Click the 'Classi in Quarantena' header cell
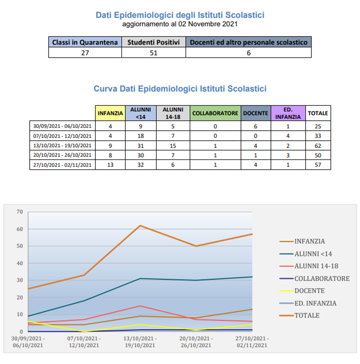(x=85, y=42)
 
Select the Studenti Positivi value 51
(x=153, y=52)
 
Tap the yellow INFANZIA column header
(x=110, y=113)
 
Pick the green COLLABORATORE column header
(x=215, y=113)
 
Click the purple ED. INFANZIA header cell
(x=288, y=113)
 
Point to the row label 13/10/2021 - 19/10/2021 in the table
(x=62, y=145)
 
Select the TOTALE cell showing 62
(x=318, y=145)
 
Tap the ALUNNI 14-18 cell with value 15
(x=173, y=145)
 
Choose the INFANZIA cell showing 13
(x=110, y=165)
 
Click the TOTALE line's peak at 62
(x=140, y=226)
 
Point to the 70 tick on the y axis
(x=19, y=212)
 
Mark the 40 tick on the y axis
(x=19, y=263)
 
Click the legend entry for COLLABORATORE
(x=322, y=278)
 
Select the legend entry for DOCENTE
(x=310, y=291)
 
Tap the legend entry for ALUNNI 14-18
(x=316, y=266)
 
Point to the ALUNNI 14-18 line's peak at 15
(x=140, y=306)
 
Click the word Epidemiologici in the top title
(x=153, y=15)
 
